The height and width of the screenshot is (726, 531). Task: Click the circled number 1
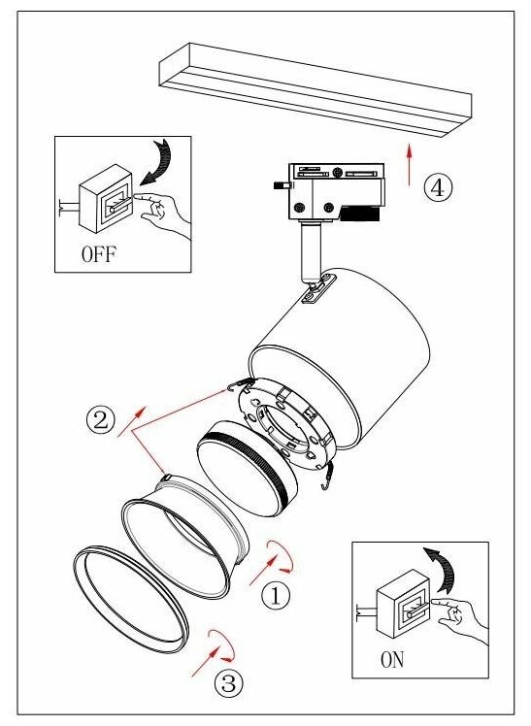pos(276,595)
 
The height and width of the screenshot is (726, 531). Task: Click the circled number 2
pos(100,420)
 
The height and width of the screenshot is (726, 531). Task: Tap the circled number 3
pos(229,682)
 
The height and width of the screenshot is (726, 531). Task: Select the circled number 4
pos(438,187)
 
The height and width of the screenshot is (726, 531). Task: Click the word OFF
pos(99,253)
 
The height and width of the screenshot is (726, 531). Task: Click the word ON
pos(392,659)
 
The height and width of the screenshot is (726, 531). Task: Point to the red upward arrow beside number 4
pos(410,165)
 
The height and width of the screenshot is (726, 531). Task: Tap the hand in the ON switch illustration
pos(458,619)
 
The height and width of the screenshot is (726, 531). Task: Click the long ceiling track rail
pos(315,90)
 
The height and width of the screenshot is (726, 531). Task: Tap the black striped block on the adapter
pos(359,213)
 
